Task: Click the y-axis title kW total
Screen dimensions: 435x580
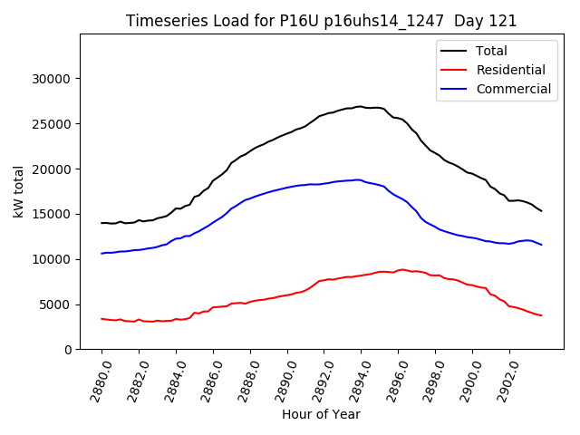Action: [x=18, y=191]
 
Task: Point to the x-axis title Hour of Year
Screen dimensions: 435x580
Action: [x=321, y=414]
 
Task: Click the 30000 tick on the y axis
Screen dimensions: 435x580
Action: [x=53, y=79]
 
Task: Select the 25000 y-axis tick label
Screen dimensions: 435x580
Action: [x=53, y=124]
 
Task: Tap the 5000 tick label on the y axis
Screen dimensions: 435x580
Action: [x=56, y=304]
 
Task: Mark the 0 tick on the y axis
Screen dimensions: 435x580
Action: [x=68, y=350]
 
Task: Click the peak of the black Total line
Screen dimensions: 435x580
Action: [x=360, y=106]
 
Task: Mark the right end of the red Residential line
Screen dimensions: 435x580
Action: [x=541, y=315]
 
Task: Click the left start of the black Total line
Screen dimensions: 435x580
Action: [x=101, y=223]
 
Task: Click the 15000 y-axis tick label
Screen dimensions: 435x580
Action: [x=53, y=214]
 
